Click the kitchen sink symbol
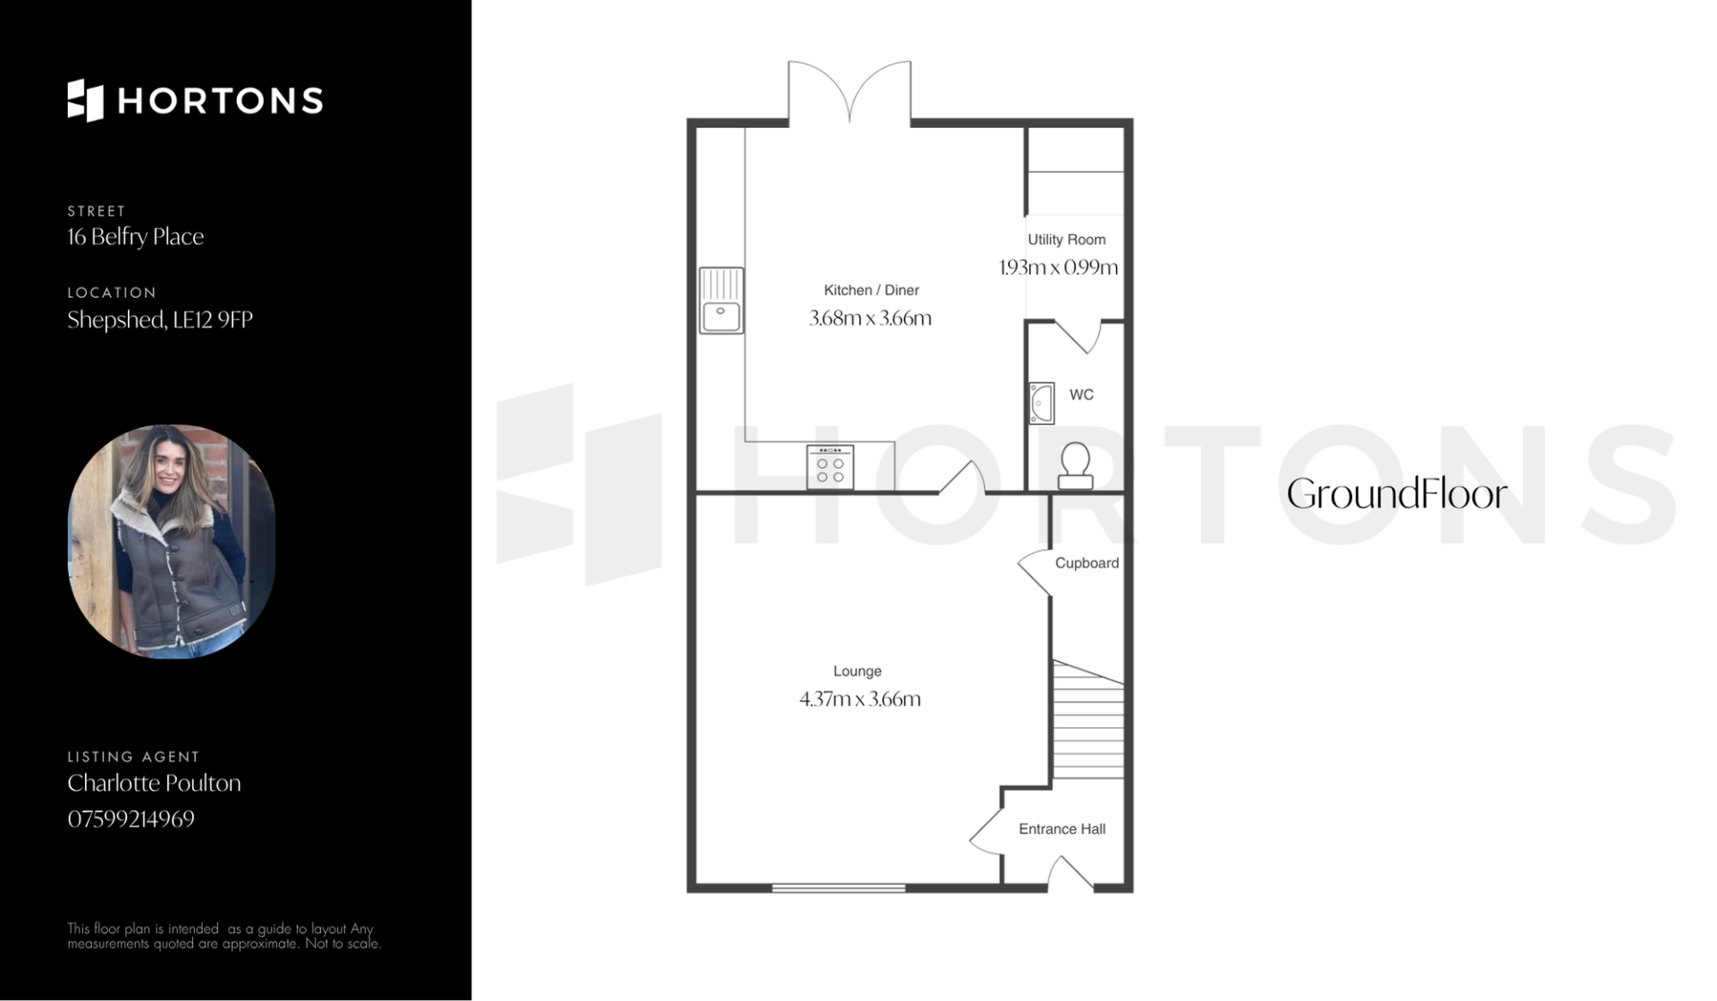coord(721,301)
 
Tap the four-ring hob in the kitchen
coord(830,468)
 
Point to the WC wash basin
coord(1042,403)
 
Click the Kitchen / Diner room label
coord(871,290)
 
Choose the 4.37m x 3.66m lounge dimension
coord(859,699)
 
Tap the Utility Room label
coord(1066,240)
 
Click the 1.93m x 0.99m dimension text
coord(1059,267)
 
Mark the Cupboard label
coord(1087,563)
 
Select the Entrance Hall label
coord(1061,829)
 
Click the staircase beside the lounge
coord(1087,720)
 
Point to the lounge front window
coord(839,887)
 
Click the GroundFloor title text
coord(1397,495)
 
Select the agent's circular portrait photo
coord(172,542)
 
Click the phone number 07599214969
coord(131,819)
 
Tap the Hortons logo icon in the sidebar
coord(86,100)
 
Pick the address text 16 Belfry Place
coord(136,237)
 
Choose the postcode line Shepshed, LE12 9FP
coord(160,320)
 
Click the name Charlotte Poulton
coord(154,783)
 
